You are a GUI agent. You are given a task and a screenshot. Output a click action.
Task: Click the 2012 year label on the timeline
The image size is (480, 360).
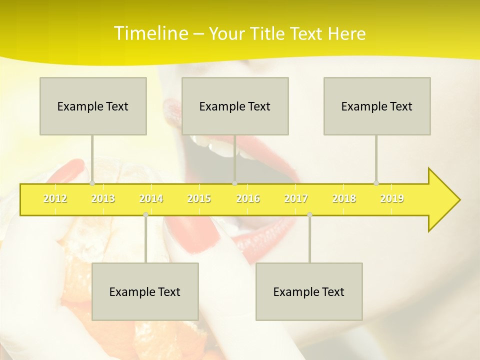coord(55,199)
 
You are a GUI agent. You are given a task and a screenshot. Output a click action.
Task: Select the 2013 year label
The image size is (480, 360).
coord(103,199)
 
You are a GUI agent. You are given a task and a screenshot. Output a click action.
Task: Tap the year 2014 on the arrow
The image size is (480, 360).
coord(151,199)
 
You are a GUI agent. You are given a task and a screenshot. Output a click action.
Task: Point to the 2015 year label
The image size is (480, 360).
coord(199,199)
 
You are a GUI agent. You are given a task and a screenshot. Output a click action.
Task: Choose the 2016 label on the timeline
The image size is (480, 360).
coord(248,199)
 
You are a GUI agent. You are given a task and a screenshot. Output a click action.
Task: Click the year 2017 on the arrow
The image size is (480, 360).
coord(296,199)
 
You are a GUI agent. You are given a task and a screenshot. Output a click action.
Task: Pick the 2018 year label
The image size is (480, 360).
coord(344,199)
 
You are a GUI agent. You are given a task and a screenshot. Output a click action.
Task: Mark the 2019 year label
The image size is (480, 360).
coord(392,199)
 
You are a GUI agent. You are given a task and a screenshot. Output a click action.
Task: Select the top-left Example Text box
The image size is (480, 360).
coord(93,106)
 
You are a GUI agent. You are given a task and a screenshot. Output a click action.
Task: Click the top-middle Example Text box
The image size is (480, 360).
coord(235,106)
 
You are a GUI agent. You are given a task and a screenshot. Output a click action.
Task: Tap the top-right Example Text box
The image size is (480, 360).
coord(377,106)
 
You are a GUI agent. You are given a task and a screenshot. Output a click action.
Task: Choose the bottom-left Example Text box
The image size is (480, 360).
coord(145,291)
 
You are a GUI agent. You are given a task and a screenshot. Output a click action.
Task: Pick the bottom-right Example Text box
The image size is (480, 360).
coord(309,291)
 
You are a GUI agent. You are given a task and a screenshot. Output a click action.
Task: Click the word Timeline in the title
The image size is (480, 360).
coord(150,33)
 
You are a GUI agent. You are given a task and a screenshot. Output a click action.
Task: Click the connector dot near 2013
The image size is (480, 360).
coord(92,183)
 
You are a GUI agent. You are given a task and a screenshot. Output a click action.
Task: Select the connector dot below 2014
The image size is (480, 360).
coord(145,214)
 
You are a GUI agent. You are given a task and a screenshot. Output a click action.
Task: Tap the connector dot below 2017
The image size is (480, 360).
coord(309,214)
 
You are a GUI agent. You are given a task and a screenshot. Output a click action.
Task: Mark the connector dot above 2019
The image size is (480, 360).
coord(376,183)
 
